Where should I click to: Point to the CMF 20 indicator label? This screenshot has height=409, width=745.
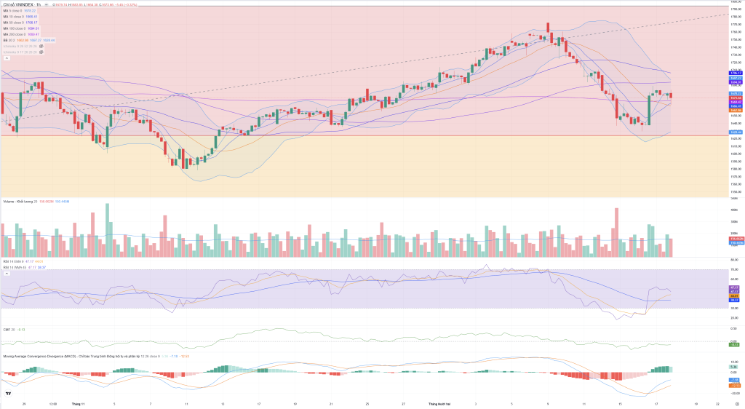(9, 330)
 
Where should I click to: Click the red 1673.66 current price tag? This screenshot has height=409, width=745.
(735, 97)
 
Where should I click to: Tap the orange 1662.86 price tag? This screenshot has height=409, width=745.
(735, 110)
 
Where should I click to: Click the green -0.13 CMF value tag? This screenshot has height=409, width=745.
(734, 344)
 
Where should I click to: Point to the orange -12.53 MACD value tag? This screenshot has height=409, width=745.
(735, 385)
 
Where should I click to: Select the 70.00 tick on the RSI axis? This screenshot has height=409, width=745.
(733, 270)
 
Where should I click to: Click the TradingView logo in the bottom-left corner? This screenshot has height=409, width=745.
(8, 394)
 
